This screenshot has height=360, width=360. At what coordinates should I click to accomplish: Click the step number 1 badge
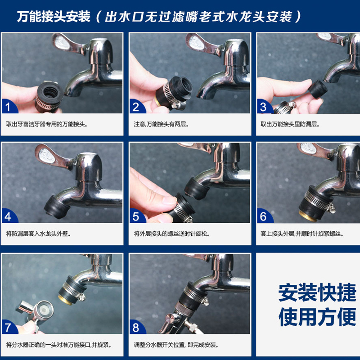pyautogui.click(x=8, y=106)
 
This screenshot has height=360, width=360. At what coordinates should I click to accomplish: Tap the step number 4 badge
pyautogui.click(x=8, y=216)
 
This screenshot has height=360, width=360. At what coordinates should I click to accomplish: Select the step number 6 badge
pyautogui.click(x=264, y=216)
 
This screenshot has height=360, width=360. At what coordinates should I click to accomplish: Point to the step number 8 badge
pyautogui.click(x=136, y=327)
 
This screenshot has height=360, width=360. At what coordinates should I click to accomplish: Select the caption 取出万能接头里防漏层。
pyautogui.click(x=290, y=124)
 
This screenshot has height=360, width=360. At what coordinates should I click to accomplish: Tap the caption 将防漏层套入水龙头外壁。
pyautogui.click(x=39, y=234)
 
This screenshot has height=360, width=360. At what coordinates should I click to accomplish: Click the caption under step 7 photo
pyautogui.click(x=59, y=345)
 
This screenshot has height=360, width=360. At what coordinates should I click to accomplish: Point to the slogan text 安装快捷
pyautogui.click(x=317, y=292)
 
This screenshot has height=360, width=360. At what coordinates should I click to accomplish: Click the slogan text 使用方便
pyautogui.click(x=317, y=317)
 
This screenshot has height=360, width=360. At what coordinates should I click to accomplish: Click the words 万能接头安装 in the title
pyautogui.click(x=54, y=17)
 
